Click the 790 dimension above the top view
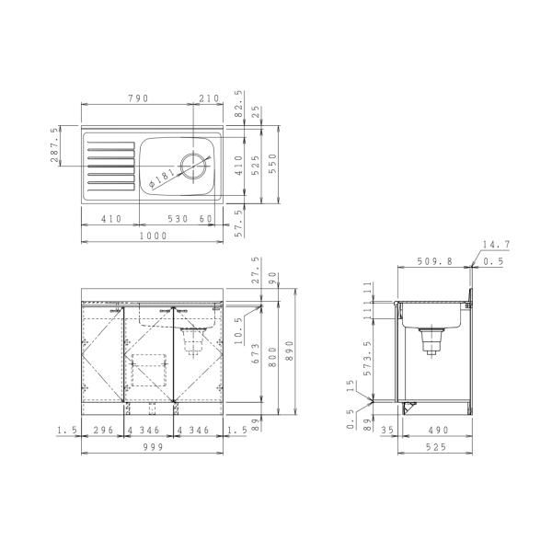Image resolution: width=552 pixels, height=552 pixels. [138, 98]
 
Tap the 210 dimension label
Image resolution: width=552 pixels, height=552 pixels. [209, 98]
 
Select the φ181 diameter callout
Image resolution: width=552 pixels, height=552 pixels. [162, 178]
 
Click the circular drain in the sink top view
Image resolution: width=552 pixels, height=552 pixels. [193, 166]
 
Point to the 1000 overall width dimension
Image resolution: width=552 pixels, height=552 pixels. [154, 236]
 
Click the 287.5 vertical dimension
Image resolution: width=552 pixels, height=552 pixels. [54, 144]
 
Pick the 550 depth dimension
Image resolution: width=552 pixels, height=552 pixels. [273, 164]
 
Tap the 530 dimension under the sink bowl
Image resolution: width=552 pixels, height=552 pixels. [178, 219]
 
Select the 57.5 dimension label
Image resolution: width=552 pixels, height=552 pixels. [238, 224]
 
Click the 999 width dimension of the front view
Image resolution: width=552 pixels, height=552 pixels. [154, 447]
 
